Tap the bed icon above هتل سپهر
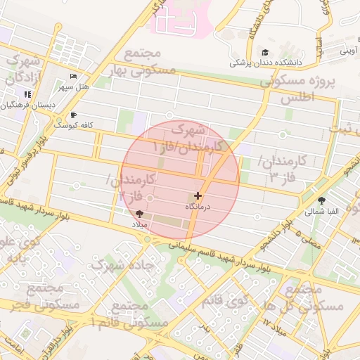[x=73, y=76]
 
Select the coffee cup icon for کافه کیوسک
[x=73, y=115]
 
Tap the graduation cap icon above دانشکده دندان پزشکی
[x=264, y=52]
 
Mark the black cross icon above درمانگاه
[x=198, y=195]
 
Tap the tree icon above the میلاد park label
[x=139, y=213]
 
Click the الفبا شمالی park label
[x=322, y=210]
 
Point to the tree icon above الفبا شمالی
[x=322, y=200]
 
